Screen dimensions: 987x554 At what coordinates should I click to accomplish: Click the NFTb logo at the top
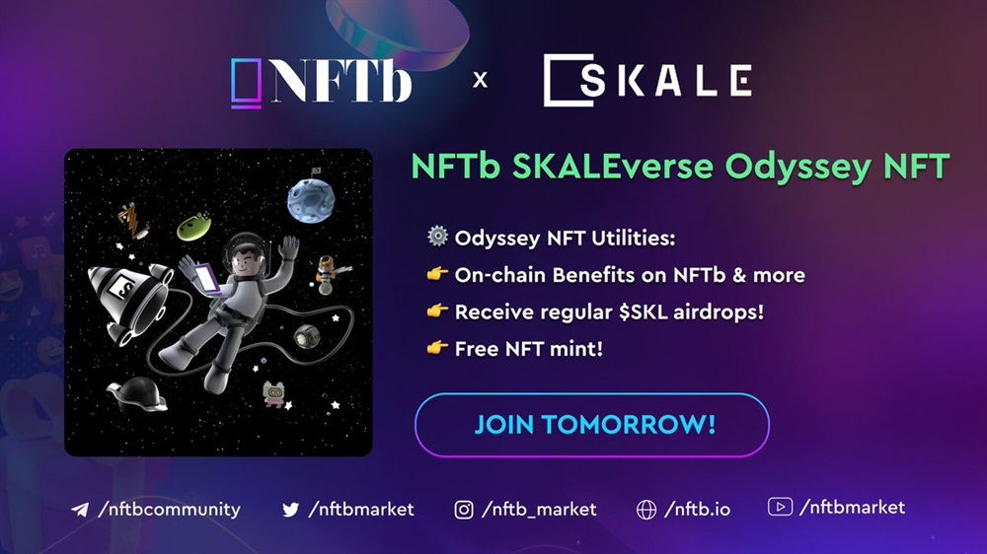(x=321, y=81)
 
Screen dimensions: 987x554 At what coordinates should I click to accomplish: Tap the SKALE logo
(x=647, y=80)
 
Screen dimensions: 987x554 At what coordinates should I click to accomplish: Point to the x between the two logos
(x=480, y=80)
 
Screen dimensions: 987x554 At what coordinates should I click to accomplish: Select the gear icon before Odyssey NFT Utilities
(x=437, y=237)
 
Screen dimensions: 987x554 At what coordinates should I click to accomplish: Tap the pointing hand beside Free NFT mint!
(x=437, y=347)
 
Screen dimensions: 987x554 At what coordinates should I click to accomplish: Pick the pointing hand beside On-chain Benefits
(x=437, y=273)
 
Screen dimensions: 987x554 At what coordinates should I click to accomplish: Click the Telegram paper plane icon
(x=80, y=510)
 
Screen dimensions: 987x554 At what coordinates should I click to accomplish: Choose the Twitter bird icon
(x=291, y=510)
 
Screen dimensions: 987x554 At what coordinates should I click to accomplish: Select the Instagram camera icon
(x=464, y=510)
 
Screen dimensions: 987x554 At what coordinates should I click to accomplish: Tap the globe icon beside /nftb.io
(x=646, y=510)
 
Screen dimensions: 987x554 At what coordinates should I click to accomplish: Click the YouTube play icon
(x=780, y=507)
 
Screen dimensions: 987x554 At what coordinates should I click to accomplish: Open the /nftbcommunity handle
(x=170, y=509)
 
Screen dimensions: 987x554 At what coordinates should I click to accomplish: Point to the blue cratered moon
(x=310, y=200)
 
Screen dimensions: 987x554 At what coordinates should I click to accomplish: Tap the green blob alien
(x=193, y=227)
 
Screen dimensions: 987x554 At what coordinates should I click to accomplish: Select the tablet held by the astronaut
(x=207, y=279)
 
